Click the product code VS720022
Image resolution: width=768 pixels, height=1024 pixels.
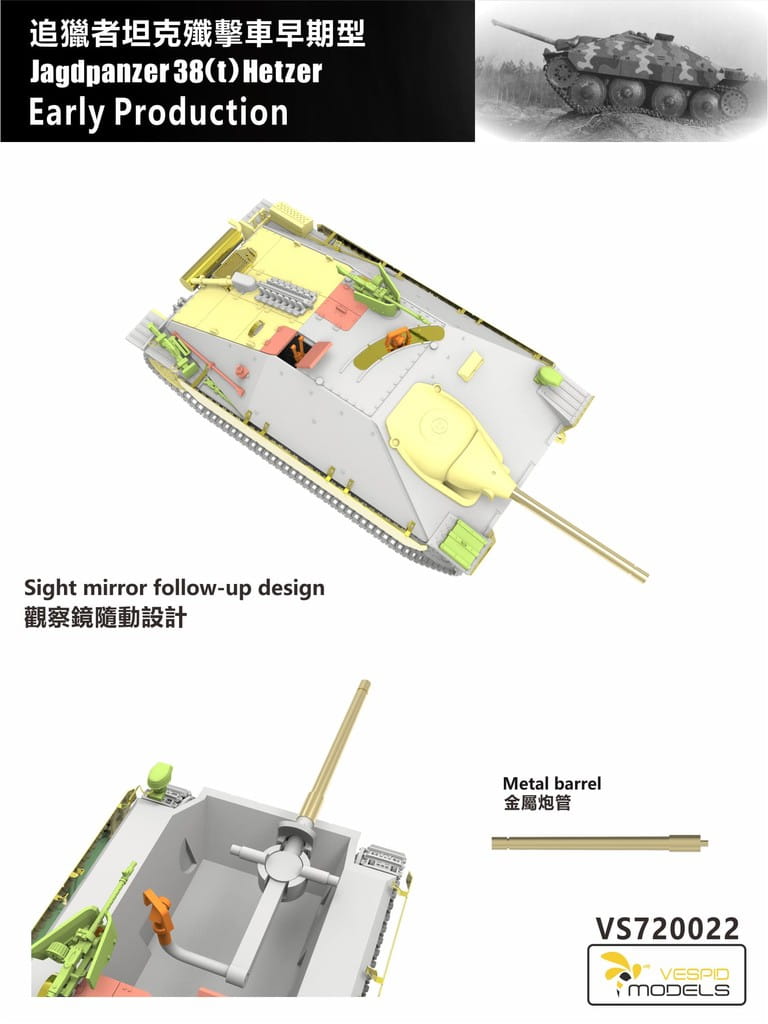[x=666, y=929]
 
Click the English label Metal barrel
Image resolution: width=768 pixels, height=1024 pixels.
[x=551, y=783]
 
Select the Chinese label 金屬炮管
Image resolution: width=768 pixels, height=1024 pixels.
[x=536, y=802]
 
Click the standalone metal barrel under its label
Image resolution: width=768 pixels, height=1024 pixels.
[x=600, y=842]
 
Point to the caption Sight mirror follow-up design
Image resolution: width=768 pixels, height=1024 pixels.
[x=174, y=588]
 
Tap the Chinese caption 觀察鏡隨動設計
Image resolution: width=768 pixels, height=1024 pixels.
[x=105, y=617]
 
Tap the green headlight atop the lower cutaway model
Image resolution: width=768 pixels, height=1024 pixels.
[x=161, y=778]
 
